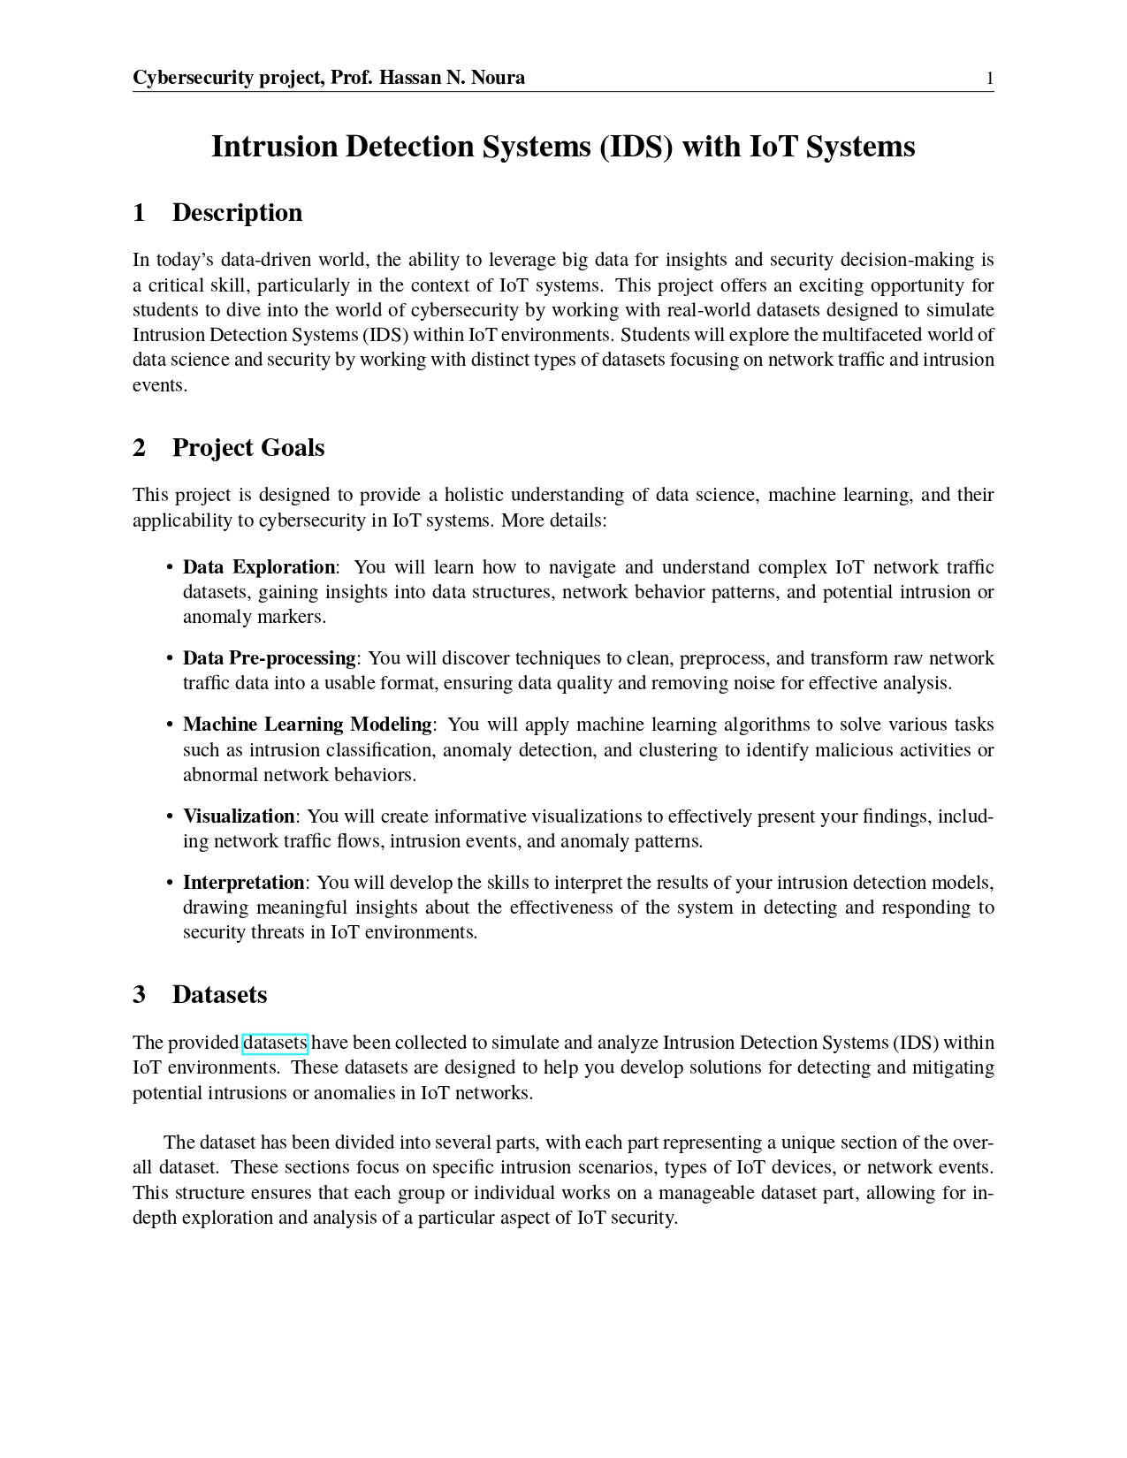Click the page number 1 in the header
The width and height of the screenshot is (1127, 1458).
pos(990,79)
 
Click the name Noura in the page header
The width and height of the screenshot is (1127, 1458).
pos(498,78)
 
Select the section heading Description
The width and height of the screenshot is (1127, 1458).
pos(237,213)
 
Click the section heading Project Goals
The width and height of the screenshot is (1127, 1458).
pos(248,448)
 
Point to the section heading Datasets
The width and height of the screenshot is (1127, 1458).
pos(219,995)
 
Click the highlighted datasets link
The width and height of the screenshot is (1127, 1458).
pos(275,1044)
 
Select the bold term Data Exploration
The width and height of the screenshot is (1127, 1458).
pos(259,567)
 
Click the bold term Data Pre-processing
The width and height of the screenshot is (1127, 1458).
pos(269,658)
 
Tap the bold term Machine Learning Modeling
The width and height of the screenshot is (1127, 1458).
pos(307,725)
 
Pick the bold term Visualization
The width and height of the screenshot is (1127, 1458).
pos(239,816)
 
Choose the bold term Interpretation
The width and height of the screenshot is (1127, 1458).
pos(243,883)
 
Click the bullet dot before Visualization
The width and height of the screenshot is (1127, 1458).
pos(169,816)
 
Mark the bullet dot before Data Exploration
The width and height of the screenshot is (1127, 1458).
pos(169,567)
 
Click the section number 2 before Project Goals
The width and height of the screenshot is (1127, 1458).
pos(140,448)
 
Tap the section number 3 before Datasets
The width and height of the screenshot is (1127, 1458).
pos(140,995)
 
